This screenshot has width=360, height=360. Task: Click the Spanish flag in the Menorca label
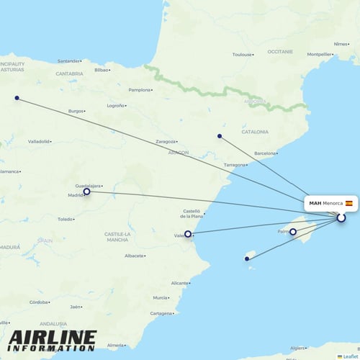click(x=349, y=203)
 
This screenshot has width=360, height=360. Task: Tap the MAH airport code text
click(x=315, y=203)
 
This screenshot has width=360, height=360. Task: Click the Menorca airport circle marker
click(x=341, y=217)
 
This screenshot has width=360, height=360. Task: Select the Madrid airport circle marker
click(x=87, y=192)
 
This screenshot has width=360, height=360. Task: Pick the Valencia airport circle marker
click(x=188, y=233)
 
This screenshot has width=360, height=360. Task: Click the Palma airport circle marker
click(x=293, y=231)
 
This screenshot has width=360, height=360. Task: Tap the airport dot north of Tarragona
click(x=220, y=136)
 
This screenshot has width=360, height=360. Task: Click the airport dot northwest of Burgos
click(x=17, y=98)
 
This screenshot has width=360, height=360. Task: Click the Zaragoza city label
click(x=166, y=141)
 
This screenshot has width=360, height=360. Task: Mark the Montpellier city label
click(x=318, y=54)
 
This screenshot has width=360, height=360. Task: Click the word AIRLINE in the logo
click(x=53, y=337)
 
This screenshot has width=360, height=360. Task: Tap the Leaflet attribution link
click(x=349, y=356)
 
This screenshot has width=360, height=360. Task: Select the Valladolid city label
click(x=38, y=141)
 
